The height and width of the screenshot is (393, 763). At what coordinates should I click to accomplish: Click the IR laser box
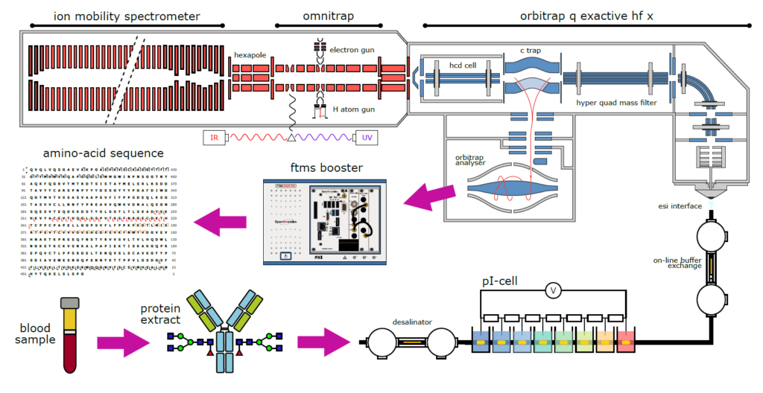[214, 138]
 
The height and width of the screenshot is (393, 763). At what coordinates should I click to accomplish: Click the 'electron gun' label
[352, 51]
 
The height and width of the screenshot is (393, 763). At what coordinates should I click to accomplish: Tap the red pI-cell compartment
[626, 342]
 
